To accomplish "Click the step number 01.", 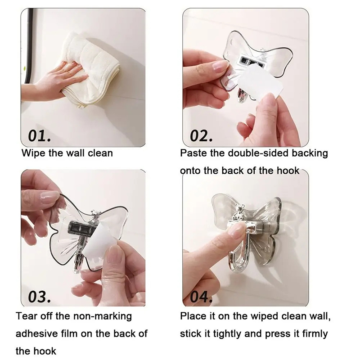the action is pos(39,135).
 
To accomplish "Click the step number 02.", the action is pos(201,135).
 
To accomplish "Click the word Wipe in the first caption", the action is pos(33,153).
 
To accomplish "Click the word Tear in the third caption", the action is pos(27,316).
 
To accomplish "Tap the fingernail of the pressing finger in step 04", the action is pos(237,229).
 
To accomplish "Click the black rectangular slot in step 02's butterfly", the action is pos(248,61).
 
